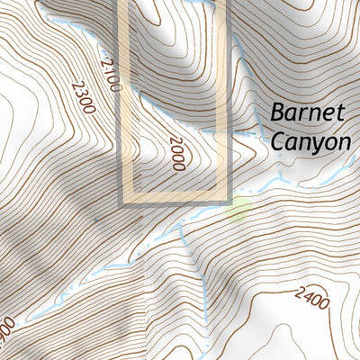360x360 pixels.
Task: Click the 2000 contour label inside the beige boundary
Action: coord(176,153)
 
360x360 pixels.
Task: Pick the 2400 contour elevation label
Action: coord(311,297)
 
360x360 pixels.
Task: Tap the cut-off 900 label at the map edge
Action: coord(7,328)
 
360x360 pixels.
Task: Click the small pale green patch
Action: coord(238,211)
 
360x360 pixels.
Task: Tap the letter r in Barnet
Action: coord(305,115)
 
